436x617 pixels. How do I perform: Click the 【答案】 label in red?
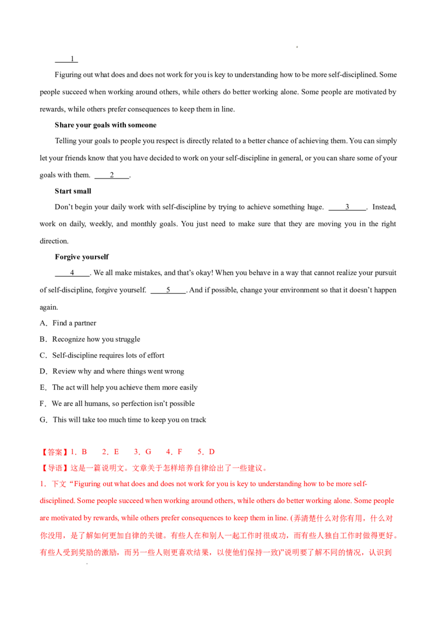[54, 452]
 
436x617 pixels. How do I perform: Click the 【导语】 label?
[54, 468]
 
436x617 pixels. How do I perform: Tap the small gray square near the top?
[295, 46]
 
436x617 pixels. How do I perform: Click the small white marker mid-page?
[158, 351]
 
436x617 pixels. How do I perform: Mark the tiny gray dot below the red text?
[89, 565]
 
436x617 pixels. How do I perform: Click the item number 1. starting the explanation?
[42, 484]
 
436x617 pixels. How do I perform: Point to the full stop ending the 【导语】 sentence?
[264, 469]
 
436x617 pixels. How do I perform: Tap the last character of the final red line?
[389, 553]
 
